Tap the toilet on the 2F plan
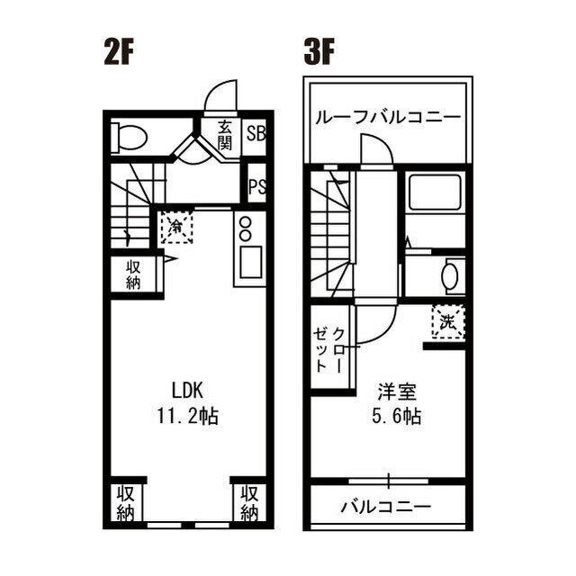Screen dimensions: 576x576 [130, 138]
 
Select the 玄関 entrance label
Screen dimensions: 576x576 [224, 135]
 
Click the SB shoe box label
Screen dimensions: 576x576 [256, 134]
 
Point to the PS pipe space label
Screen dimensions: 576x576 [257, 186]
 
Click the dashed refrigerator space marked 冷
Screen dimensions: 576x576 [176, 228]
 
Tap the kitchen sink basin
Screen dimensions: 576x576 [251, 262]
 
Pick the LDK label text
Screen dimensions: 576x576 [188, 391]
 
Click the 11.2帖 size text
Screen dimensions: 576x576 [188, 417]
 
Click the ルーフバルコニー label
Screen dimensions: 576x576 [388, 117]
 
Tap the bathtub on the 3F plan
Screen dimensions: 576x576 [435, 192]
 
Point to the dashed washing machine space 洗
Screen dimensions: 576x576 [448, 322]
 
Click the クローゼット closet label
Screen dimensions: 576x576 [329, 350]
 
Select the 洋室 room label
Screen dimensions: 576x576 [397, 392]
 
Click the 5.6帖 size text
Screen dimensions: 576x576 [397, 417]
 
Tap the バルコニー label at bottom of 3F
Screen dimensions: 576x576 [386, 508]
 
